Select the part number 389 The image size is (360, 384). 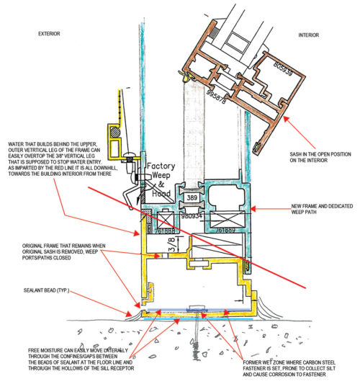click(x=191, y=197)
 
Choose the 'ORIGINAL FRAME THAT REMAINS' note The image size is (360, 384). click(x=52, y=253)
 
